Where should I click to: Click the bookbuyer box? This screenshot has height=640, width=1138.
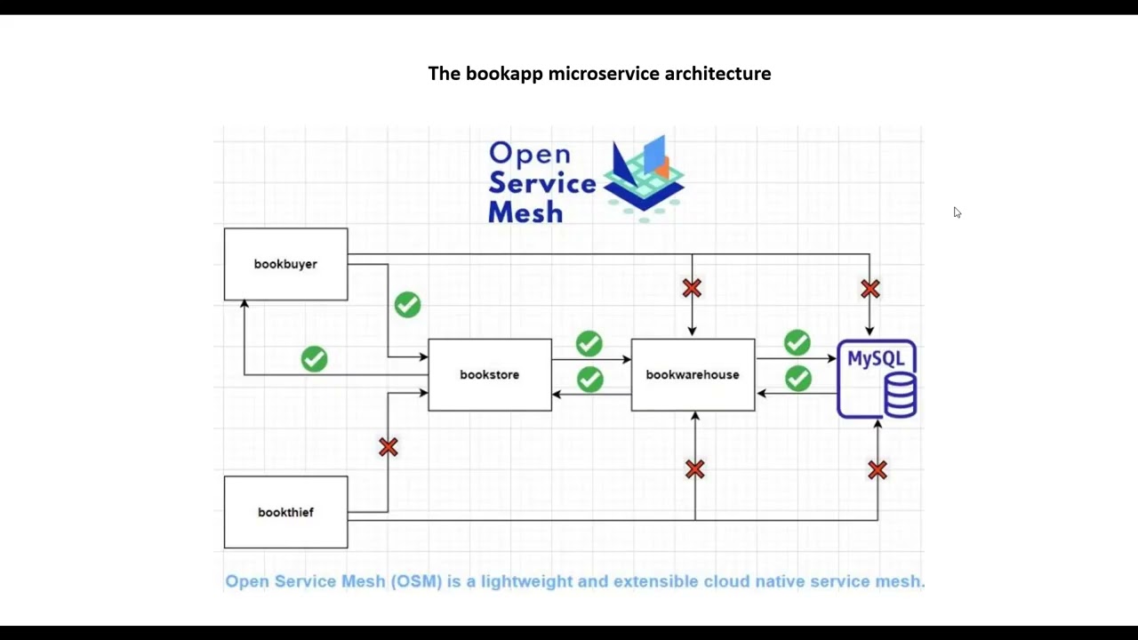click(x=285, y=264)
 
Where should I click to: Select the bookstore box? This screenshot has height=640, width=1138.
click(x=489, y=375)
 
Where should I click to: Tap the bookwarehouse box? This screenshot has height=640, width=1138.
click(x=693, y=375)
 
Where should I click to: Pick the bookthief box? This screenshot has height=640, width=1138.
click(x=285, y=512)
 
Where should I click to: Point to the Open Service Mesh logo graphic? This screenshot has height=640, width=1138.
click(x=644, y=176)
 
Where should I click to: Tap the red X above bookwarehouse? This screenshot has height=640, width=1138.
click(x=692, y=288)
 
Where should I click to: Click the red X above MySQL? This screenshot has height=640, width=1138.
click(x=870, y=289)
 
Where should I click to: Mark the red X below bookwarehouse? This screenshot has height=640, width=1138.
click(x=695, y=469)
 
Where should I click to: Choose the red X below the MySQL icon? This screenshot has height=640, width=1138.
click(x=878, y=470)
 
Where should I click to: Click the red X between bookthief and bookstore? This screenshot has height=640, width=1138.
click(x=389, y=447)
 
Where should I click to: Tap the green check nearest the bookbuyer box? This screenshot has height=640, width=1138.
click(x=407, y=305)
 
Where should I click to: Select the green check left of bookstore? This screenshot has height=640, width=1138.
click(x=314, y=359)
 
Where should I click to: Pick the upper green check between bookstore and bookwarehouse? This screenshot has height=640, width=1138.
click(x=589, y=343)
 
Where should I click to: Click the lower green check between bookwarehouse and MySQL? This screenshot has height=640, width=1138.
click(x=798, y=379)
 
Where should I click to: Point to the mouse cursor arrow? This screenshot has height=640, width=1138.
click(x=957, y=212)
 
